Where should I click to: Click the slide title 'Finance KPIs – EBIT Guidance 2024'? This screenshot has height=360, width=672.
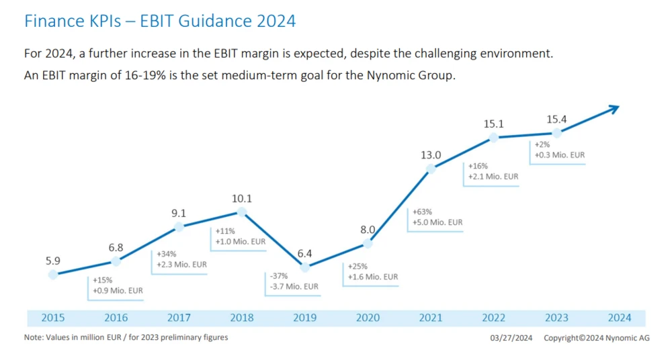(x=160, y=21)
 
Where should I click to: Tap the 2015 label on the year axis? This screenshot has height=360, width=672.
(x=54, y=318)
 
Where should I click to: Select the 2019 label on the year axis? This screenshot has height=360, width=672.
(x=305, y=318)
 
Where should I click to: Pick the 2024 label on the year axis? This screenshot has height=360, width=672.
(x=619, y=318)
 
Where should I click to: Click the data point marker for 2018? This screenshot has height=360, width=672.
(x=243, y=212)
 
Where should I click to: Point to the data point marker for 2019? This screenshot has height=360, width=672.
(x=305, y=267)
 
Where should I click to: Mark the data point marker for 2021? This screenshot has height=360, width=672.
(x=431, y=169)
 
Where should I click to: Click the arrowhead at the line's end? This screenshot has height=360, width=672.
(x=614, y=107)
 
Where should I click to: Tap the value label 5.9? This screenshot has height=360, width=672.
(x=54, y=261)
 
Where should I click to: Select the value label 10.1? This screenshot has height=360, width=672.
(x=243, y=199)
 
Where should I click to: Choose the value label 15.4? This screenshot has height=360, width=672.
(x=556, y=120)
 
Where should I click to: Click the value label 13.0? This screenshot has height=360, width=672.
(x=431, y=156)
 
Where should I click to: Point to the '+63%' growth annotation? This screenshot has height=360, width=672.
(x=422, y=212)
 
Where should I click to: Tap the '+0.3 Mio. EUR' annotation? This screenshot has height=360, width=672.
(x=559, y=155)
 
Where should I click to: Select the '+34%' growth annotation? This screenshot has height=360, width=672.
(x=166, y=255)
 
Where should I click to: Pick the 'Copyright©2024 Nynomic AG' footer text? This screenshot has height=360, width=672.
(x=597, y=338)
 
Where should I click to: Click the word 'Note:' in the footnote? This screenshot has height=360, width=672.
(x=35, y=337)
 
